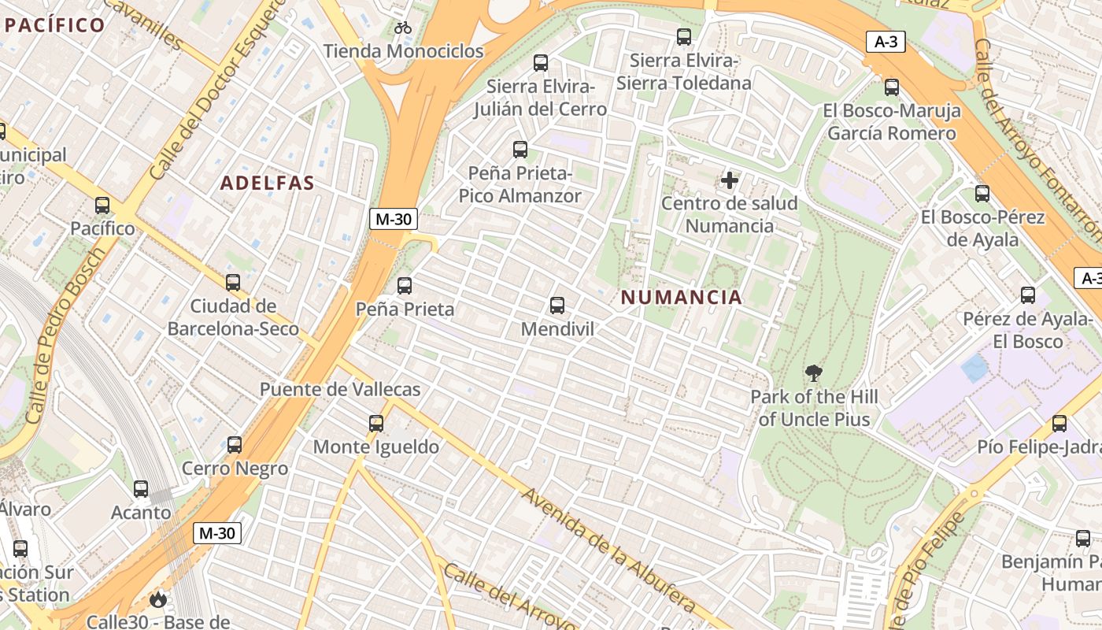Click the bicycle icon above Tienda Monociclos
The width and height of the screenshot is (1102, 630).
403,28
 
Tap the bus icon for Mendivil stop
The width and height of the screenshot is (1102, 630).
557,305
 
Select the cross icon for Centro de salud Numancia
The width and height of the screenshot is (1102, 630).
730,180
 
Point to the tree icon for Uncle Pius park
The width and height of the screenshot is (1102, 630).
814,373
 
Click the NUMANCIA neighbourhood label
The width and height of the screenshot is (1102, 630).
681,298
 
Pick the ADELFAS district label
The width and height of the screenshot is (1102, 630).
268,183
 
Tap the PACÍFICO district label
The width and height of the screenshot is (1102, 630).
54,24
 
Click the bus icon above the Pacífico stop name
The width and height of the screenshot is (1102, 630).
102,206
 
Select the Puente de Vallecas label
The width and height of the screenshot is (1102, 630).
340,390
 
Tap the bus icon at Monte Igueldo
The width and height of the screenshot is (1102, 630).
376,424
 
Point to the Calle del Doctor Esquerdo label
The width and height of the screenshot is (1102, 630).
216,89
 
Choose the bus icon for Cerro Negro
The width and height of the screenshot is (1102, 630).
235,445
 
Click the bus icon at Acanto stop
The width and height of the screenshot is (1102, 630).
141,489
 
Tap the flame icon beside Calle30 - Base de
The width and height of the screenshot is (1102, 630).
158,600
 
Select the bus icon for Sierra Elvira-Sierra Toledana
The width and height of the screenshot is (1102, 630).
684,36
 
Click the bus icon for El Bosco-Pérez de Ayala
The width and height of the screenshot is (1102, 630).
982,193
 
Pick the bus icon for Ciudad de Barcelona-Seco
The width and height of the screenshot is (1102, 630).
233,282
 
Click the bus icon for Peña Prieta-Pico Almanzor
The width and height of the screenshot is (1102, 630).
520,149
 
